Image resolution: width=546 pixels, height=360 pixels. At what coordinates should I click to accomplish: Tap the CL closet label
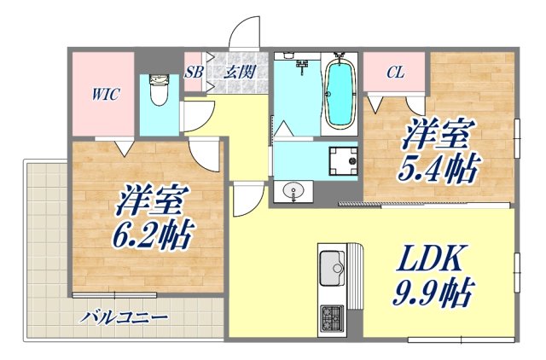tap(394, 72)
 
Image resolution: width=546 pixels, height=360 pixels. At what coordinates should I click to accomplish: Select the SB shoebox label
tap(193, 72)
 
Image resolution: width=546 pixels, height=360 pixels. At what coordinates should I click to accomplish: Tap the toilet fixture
tap(157, 89)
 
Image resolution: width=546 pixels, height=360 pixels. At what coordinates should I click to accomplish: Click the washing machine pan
tap(344, 160)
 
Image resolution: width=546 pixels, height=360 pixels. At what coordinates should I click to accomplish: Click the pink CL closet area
tap(395, 81)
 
